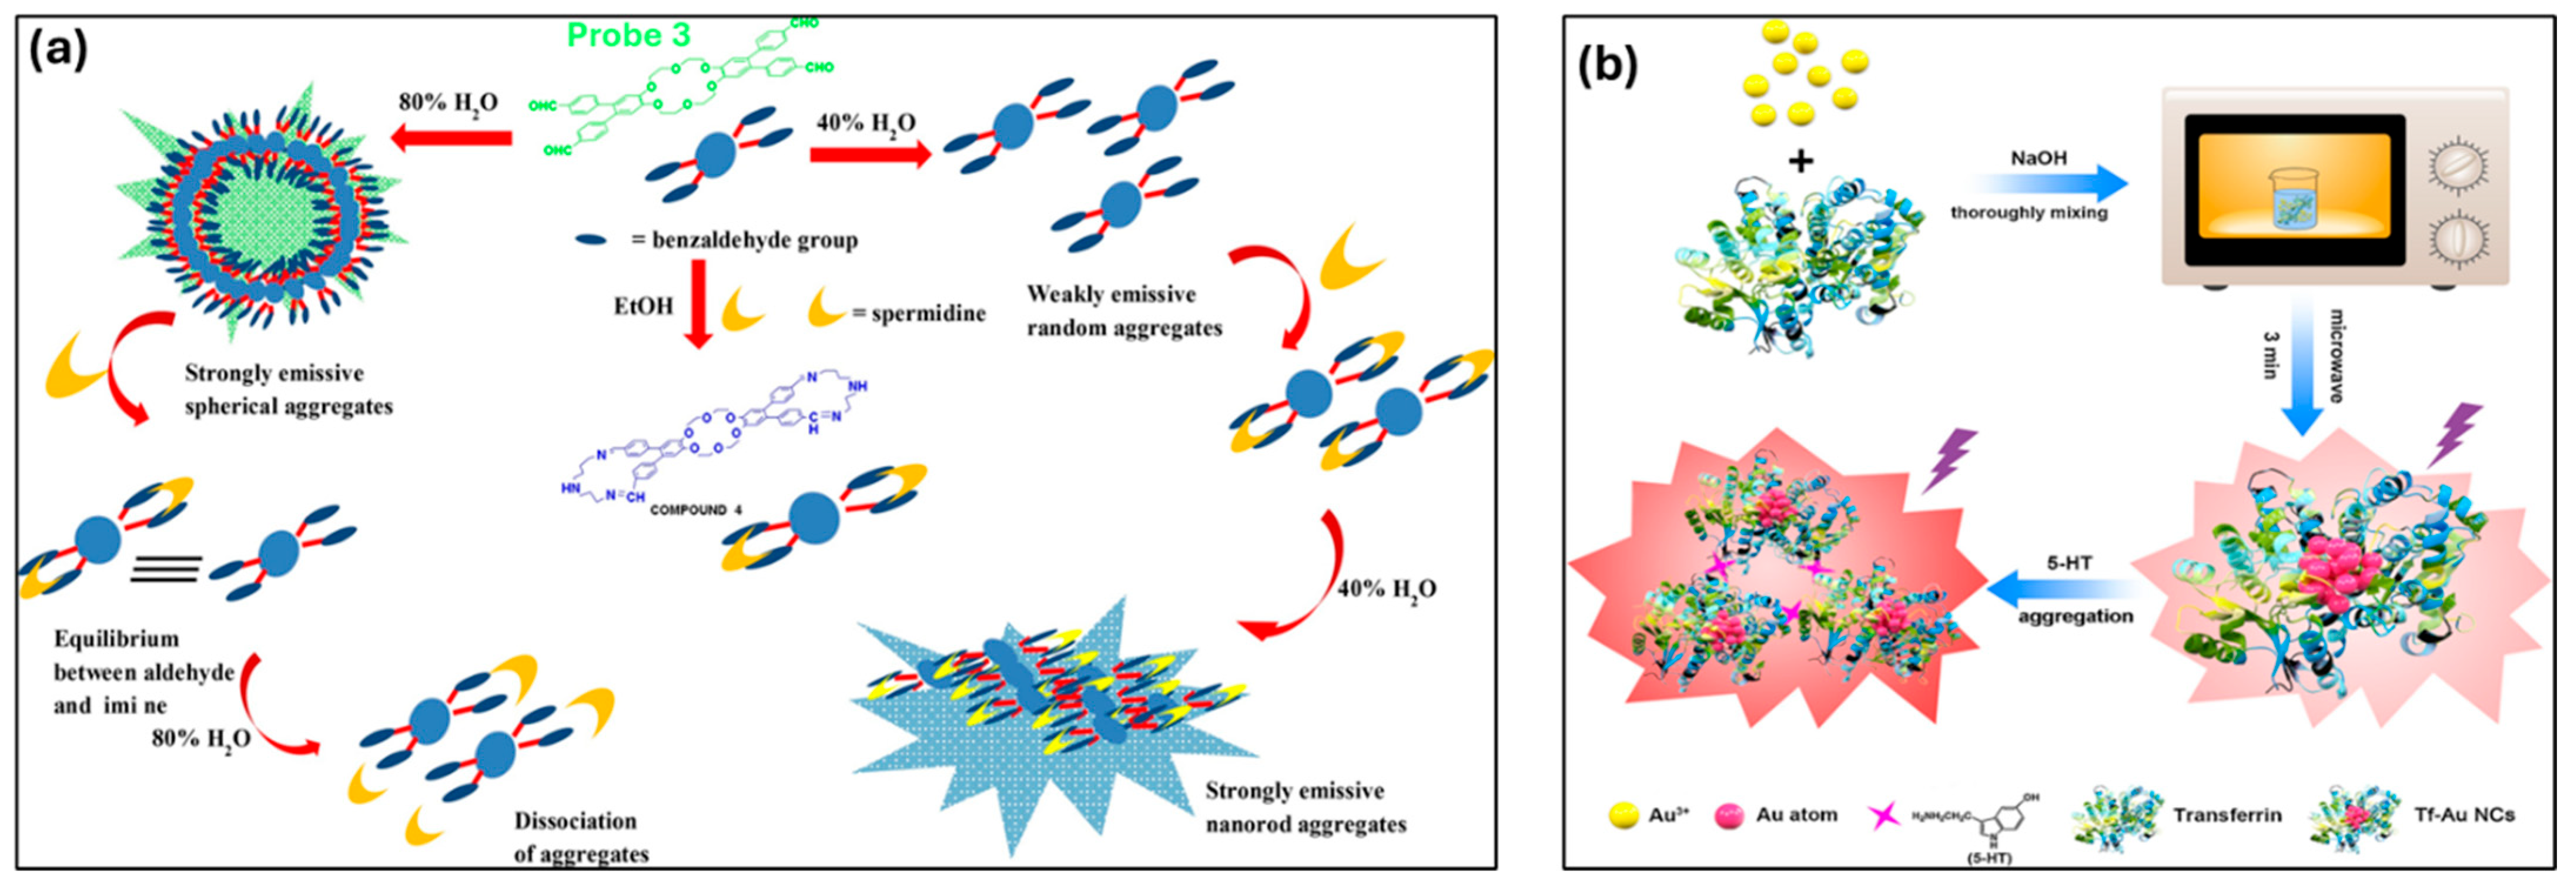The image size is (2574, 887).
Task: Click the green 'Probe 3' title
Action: [628, 35]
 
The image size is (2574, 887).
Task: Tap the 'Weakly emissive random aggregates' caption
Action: [1123, 311]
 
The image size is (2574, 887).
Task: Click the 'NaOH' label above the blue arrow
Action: [2039, 158]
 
